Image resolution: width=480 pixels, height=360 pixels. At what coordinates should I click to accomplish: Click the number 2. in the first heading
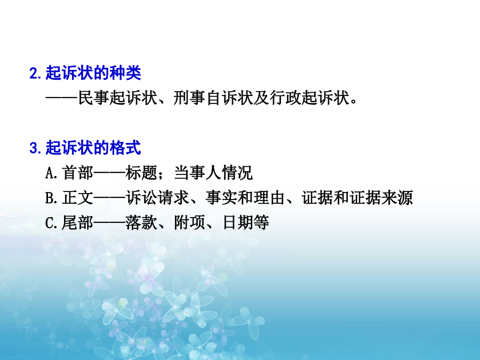tap(35, 74)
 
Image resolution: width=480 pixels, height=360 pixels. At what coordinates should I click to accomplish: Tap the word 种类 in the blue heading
tap(125, 73)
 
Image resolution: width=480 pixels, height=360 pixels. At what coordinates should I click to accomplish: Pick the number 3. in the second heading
tap(35, 148)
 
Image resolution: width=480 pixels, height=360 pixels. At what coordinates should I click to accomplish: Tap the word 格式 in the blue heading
tap(125, 148)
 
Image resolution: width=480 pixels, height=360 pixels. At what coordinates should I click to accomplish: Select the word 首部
tap(77, 173)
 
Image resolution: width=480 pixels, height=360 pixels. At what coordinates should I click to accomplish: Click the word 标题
tap(141, 173)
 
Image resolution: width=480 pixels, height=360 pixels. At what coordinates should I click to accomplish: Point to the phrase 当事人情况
tap(213, 173)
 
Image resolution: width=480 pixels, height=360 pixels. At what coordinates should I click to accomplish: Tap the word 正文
tap(77, 198)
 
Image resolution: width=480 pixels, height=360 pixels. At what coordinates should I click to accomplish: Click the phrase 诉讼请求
tap(157, 198)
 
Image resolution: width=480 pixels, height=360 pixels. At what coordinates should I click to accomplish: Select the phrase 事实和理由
tap(245, 198)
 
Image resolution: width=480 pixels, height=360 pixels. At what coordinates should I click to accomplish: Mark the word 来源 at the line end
tap(397, 198)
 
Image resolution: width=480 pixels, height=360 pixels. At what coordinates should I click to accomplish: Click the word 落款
tap(141, 222)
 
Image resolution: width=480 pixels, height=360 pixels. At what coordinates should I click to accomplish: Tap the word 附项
tap(189, 222)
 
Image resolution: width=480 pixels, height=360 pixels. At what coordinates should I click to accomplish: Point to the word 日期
tap(237, 222)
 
